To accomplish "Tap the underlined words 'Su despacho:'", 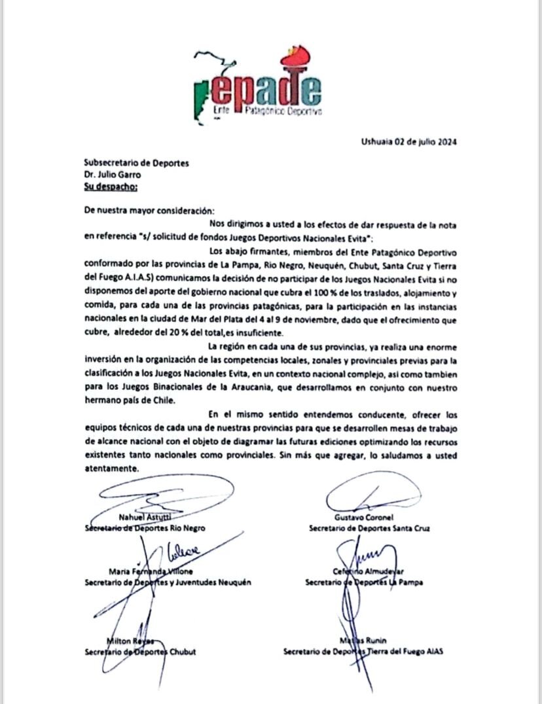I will pos(111,186).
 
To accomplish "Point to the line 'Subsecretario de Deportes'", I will pos(137,163).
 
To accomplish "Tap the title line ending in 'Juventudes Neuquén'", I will pos(168,582).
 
